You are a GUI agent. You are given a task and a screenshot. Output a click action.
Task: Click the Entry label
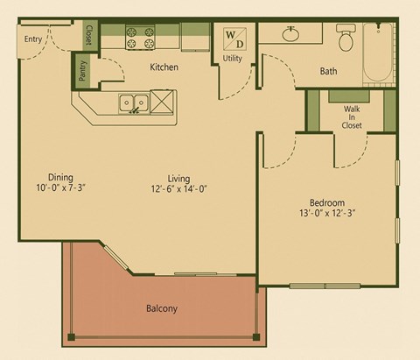coord(34,39)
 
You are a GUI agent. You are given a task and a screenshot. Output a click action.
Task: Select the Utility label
coord(233,59)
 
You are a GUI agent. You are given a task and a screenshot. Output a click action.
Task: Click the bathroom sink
coord(292,34)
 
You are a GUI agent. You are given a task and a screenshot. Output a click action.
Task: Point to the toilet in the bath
coord(345,38)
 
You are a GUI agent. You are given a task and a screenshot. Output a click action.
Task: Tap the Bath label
coord(329,70)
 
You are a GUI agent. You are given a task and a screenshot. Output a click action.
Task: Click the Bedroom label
coord(326,201)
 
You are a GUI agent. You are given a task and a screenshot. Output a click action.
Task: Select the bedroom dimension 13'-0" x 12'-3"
coord(326,212)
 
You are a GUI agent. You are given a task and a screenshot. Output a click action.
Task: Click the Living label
coord(178,178)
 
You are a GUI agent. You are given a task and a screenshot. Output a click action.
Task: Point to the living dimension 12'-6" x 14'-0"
coord(178,189)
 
